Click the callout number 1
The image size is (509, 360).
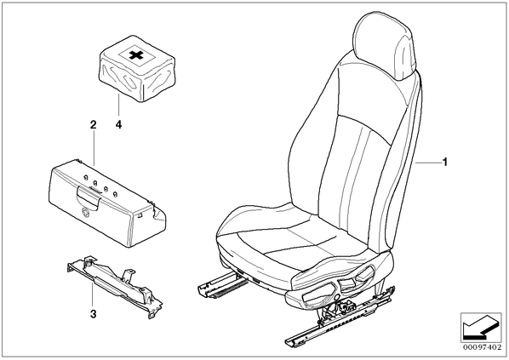pyautogui.click(x=445, y=162)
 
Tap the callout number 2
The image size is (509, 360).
pyautogui.click(x=93, y=124)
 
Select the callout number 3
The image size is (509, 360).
pyautogui.click(x=93, y=314)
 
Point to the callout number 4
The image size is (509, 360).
pyautogui.click(x=119, y=124)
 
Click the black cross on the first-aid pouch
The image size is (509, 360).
pyautogui.click(x=136, y=55)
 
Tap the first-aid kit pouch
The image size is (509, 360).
pyautogui.click(x=137, y=69)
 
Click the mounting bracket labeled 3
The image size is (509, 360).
pyautogui.click(x=115, y=285)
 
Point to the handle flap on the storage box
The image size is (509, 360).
pyautogui.click(x=88, y=197)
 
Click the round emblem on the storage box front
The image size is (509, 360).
pyautogui.click(x=86, y=212)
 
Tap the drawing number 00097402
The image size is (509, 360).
pyautogui.click(x=482, y=347)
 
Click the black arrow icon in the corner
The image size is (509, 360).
pyautogui.click(x=480, y=328)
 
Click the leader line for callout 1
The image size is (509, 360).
pyautogui.click(x=428, y=162)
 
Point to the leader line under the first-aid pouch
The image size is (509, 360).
pyautogui.click(x=119, y=105)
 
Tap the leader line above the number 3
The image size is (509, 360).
pyautogui.click(x=93, y=294)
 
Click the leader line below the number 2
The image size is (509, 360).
pyautogui.click(x=94, y=148)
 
